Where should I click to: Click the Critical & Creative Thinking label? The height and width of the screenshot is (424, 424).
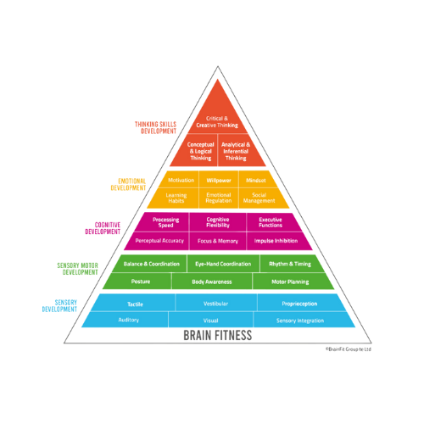click(x=217, y=122)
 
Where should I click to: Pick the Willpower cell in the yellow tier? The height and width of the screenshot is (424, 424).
click(x=219, y=179)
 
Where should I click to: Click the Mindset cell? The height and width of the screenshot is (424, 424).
click(x=257, y=179)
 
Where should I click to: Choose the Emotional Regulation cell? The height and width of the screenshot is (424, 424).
click(x=219, y=198)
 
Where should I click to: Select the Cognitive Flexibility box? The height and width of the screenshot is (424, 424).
click(x=218, y=222)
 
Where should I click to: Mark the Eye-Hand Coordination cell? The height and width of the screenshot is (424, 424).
click(x=223, y=264)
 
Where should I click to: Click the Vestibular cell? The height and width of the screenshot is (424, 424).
click(x=216, y=303)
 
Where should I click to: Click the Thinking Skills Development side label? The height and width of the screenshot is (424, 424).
click(x=155, y=128)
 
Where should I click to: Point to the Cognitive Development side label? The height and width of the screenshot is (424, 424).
click(x=103, y=228)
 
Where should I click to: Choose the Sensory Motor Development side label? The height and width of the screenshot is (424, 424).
click(x=78, y=269)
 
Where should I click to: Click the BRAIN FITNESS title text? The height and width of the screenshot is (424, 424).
click(x=218, y=335)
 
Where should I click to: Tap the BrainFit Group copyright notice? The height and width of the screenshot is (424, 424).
click(x=348, y=349)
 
